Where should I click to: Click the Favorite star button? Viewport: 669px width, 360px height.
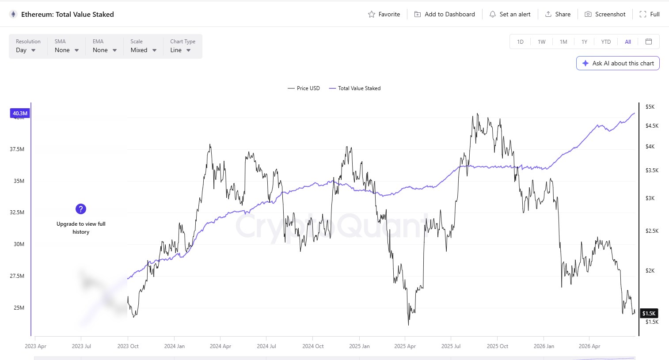384,14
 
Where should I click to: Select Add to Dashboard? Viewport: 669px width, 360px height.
445,14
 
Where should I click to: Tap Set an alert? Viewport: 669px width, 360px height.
510,14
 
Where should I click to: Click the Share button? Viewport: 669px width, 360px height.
558,14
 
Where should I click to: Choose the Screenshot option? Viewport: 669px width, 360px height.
605,14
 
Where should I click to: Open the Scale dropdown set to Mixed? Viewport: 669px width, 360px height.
143,46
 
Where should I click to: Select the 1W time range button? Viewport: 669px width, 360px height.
541,42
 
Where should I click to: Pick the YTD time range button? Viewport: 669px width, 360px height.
606,42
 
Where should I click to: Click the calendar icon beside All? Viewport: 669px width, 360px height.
648,42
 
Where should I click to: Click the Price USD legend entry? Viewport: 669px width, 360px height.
304,88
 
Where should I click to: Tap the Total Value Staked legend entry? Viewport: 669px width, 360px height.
355,88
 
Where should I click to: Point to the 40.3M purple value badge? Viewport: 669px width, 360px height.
20,113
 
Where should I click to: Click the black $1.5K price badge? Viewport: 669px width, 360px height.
649,313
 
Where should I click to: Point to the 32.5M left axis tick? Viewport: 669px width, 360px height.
17,212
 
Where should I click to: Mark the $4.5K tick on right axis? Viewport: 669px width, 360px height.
652,126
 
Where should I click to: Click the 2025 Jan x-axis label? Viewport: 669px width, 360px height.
359,346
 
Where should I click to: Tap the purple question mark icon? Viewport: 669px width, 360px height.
81,209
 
